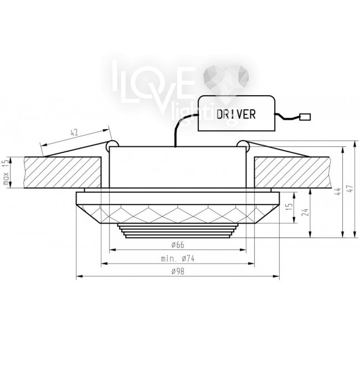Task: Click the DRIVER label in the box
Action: [236, 114]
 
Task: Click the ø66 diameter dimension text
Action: [178, 245]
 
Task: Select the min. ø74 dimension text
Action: [178, 259]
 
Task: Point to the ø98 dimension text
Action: [178, 271]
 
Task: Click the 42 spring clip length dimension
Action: [74, 132]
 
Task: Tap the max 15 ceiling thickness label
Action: [6, 172]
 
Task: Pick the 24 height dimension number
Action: [305, 212]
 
